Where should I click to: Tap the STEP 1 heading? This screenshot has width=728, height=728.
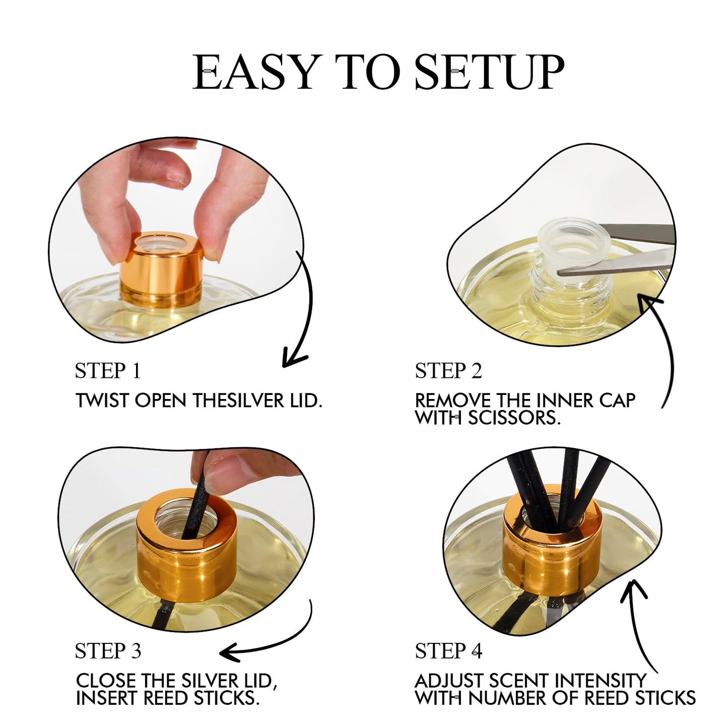coord(108,371)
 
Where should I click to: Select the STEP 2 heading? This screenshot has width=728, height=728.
coord(448,371)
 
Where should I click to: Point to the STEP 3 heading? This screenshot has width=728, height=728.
coord(108,651)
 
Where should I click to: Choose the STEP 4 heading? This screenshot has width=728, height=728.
coord(448,651)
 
